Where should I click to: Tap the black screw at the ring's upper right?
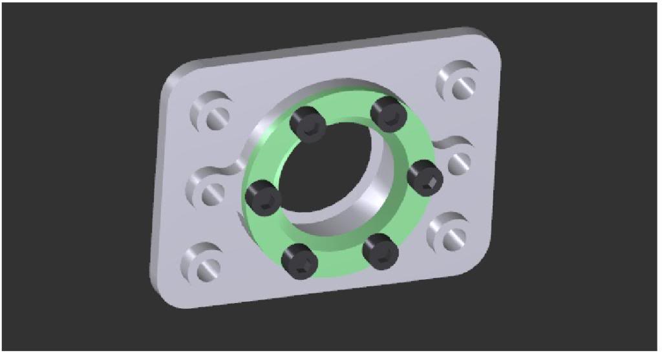point(389,114)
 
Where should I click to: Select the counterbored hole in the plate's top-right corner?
point(460,82)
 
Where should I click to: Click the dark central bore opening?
point(330,175)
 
